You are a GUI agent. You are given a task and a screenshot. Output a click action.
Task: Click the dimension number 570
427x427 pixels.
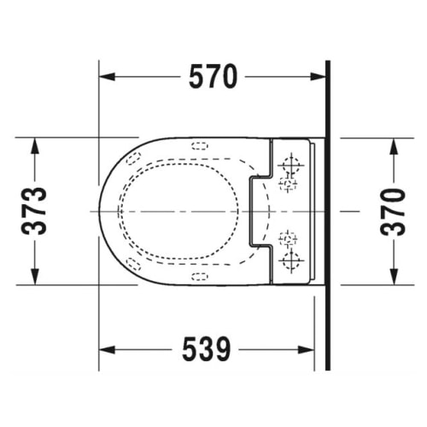pyautogui.click(x=212, y=78)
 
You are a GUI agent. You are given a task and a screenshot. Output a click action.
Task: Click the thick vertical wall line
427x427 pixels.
pyautogui.click(x=328, y=213)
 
